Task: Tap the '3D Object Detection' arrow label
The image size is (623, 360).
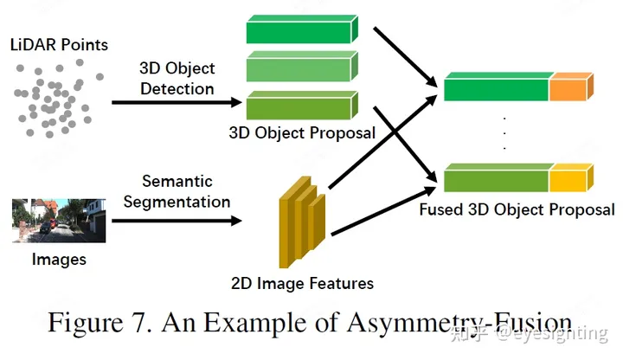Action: tap(177, 79)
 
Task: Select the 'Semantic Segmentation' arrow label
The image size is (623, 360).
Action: tap(177, 192)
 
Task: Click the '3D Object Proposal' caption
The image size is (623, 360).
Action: tap(302, 133)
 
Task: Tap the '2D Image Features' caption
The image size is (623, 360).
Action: tap(303, 283)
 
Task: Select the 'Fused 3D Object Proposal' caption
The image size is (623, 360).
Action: tap(517, 209)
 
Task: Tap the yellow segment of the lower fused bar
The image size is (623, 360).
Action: tap(568, 180)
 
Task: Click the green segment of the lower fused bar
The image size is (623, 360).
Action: tap(495, 180)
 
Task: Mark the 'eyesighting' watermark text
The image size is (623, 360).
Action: tap(561, 332)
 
